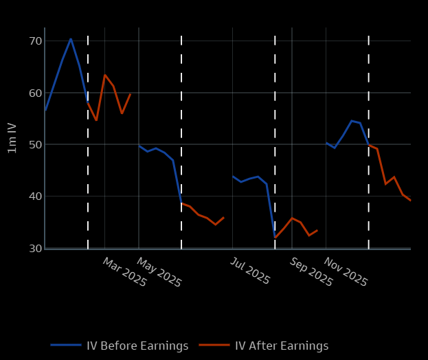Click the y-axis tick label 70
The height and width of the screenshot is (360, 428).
pyautogui.click(x=35, y=41)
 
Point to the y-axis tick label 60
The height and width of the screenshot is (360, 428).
pyautogui.click(x=35, y=93)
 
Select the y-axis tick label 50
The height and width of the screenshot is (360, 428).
pyautogui.click(x=35, y=145)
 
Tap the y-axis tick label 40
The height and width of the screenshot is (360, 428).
pyautogui.click(x=35, y=196)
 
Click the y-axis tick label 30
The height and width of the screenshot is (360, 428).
pyautogui.click(x=35, y=248)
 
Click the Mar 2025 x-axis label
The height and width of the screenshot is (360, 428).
pyautogui.click(x=124, y=272)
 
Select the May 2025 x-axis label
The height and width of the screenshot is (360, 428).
pyautogui.click(x=159, y=272)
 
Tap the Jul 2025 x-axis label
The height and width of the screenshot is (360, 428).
pyautogui.click(x=249, y=271)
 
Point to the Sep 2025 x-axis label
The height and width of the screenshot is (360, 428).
pyautogui.click(x=311, y=272)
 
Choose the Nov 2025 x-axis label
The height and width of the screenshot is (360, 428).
pyautogui.click(x=346, y=272)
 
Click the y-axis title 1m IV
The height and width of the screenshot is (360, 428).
pyautogui.click(x=12, y=138)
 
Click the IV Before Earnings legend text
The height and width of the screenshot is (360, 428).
pyautogui.click(x=137, y=346)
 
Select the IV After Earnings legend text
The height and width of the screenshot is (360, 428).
pyautogui.click(x=282, y=346)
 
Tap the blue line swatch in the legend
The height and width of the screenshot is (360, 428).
pyautogui.click(x=66, y=346)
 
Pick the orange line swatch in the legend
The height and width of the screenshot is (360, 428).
pyautogui.click(x=214, y=346)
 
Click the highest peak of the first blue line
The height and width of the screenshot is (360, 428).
pyautogui.click(x=71, y=38)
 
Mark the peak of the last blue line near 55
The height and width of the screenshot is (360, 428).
pyautogui.click(x=351, y=121)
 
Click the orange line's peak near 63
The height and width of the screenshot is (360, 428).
pyautogui.click(x=104, y=75)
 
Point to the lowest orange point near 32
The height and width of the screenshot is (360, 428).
pyautogui.click(x=275, y=238)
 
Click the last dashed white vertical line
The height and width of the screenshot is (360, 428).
pyautogui.click(x=368, y=137)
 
